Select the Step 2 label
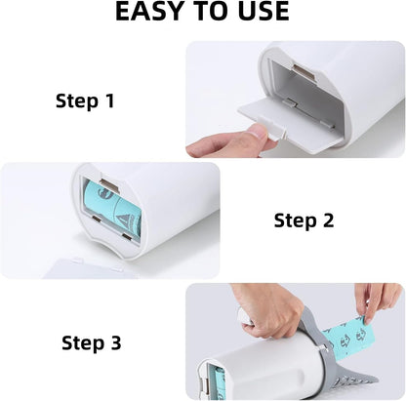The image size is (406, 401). (304, 221)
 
